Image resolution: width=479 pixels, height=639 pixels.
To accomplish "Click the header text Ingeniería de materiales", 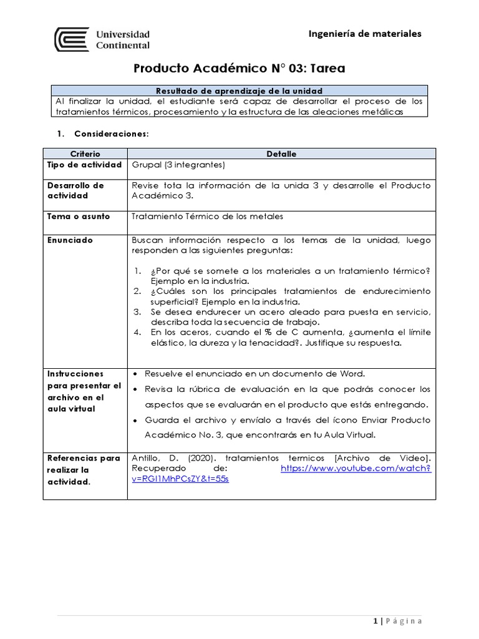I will (365, 34).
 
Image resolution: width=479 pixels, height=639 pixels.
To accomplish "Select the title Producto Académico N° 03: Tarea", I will (239, 68).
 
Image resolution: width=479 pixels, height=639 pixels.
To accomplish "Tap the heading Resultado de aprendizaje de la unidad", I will (239, 90).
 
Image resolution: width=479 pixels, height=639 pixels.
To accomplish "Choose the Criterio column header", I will (85, 154).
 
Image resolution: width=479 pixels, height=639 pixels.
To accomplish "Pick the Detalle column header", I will (281, 154).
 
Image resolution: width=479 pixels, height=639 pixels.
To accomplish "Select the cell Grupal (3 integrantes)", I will (178, 165).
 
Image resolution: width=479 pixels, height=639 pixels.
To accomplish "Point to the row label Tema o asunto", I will (79, 217).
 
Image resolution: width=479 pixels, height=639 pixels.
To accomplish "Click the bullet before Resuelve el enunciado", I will (136, 374).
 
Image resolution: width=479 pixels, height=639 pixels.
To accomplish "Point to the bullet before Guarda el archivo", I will (136, 420).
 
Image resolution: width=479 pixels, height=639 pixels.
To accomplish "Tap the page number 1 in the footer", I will (375, 620).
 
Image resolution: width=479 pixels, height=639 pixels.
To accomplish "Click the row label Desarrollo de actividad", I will (75, 190).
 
